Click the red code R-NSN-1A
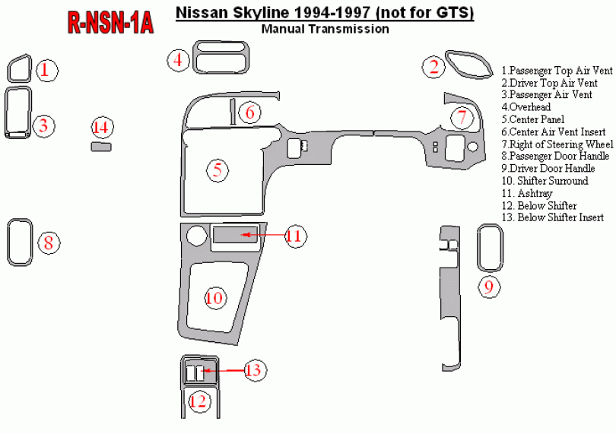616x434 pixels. (110, 22)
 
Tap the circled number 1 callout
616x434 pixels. (46, 71)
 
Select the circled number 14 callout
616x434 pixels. (101, 127)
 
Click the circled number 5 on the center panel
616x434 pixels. (218, 170)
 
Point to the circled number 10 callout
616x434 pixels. (214, 297)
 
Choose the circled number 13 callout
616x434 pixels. (253, 370)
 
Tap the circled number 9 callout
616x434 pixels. (489, 287)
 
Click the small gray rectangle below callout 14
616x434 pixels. (101, 147)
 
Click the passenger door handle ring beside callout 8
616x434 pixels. (19, 243)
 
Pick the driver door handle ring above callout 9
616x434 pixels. (491, 247)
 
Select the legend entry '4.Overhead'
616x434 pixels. (526, 107)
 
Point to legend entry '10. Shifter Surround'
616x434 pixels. (545, 181)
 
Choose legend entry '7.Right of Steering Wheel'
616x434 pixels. (557, 144)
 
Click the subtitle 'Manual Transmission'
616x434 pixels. (325, 30)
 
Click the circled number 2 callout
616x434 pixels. (433, 67)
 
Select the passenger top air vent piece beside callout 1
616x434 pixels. (19, 69)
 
